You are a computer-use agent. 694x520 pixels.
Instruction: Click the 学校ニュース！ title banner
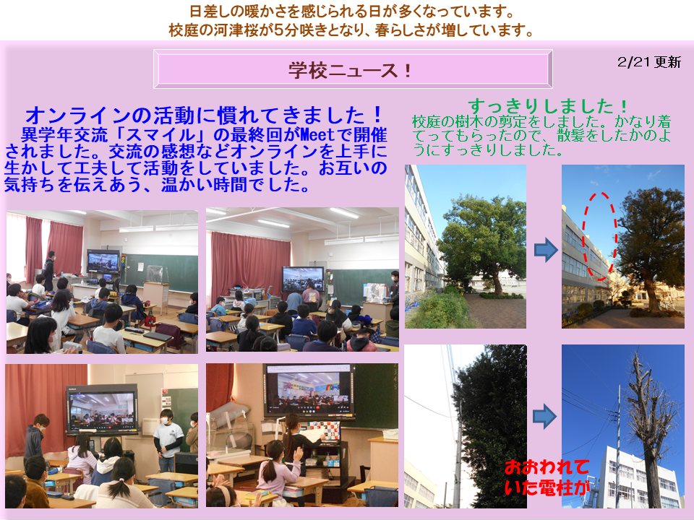point(353,69)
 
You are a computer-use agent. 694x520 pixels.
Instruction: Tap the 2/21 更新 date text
point(649,62)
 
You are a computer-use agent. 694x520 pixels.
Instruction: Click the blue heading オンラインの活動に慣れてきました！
point(204,115)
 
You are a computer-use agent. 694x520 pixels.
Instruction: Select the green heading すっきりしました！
point(548,106)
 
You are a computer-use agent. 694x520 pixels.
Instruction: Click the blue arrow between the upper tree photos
point(547,251)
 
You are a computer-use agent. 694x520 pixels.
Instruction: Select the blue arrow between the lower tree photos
point(544,416)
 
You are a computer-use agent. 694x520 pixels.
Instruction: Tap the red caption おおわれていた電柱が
point(547,477)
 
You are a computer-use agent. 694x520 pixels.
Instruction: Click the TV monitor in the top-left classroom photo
point(103,262)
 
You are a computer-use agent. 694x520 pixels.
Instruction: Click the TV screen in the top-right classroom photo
point(303,279)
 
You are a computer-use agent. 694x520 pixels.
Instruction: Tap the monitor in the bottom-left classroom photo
point(103,409)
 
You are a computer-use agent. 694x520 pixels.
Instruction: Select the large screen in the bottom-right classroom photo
point(309,390)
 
